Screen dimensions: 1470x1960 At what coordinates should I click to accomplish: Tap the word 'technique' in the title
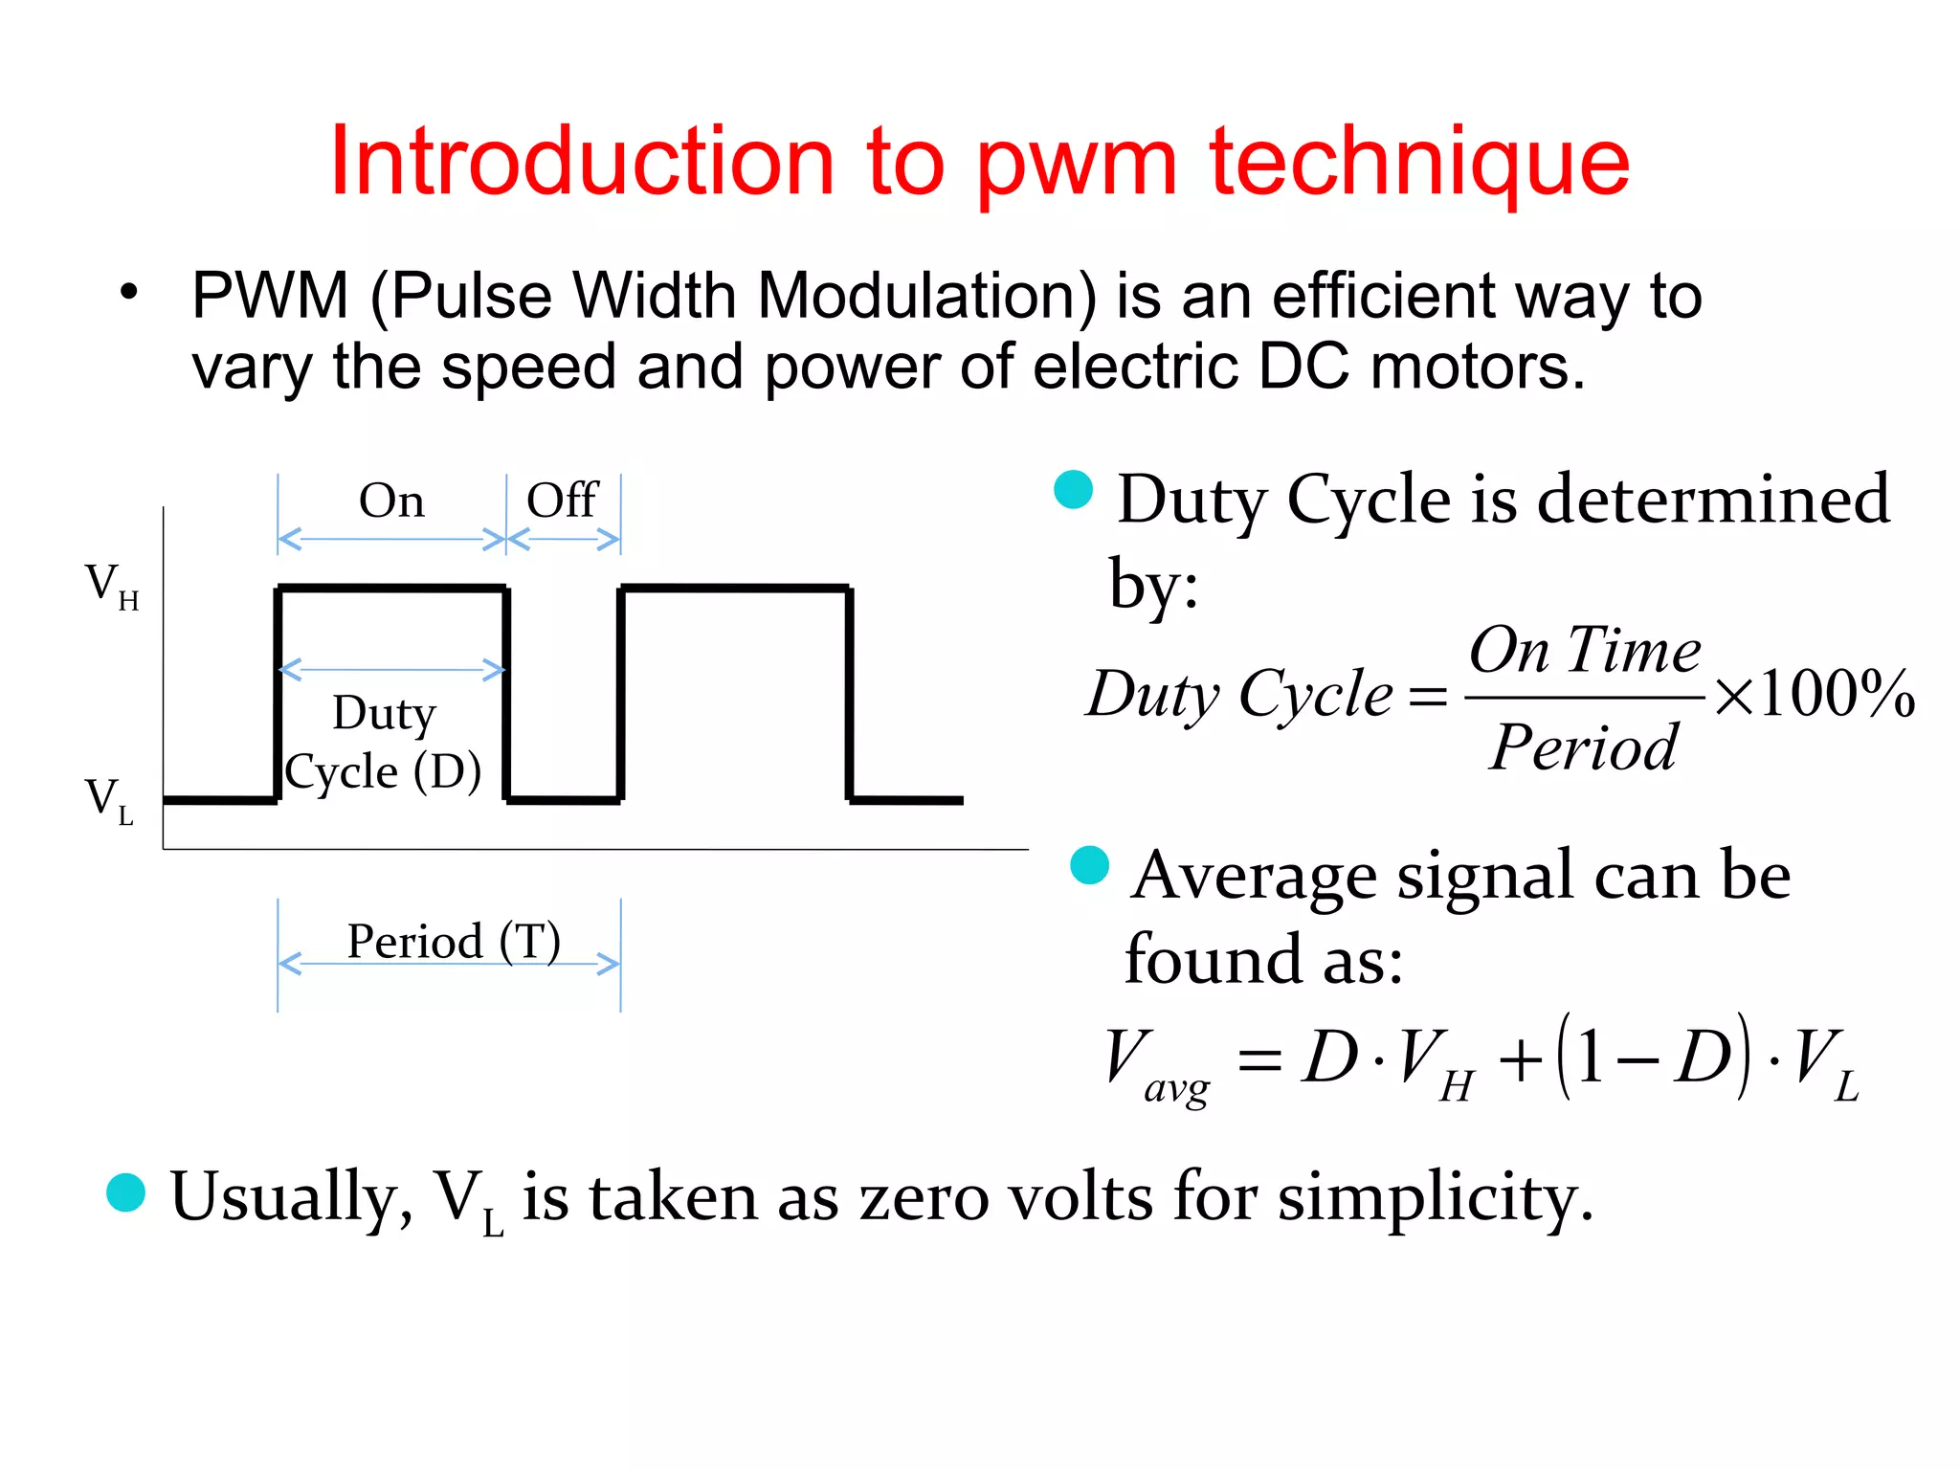(x=1419, y=163)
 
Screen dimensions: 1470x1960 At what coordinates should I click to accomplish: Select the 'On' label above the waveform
(x=391, y=501)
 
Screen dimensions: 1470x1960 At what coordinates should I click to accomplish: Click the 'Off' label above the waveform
(x=563, y=501)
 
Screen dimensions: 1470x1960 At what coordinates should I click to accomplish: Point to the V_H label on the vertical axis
(x=111, y=585)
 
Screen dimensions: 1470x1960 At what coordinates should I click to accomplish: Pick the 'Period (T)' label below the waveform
(x=454, y=942)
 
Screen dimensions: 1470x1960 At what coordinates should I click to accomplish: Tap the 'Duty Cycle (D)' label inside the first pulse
(x=384, y=743)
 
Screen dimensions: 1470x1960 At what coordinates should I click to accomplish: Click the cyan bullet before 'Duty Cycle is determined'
(x=1073, y=490)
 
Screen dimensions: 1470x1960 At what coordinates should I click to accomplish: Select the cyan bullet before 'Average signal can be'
(x=1089, y=865)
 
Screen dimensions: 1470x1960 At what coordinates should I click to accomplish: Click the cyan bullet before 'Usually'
(x=125, y=1192)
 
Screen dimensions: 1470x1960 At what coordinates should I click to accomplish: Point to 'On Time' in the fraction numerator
(x=1585, y=651)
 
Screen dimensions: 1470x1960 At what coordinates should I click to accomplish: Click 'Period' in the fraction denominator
(x=1584, y=747)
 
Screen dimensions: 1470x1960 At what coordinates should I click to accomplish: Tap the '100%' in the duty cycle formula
(x=1837, y=693)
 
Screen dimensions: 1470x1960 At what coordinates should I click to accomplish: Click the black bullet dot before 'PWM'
(x=129, y=292)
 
